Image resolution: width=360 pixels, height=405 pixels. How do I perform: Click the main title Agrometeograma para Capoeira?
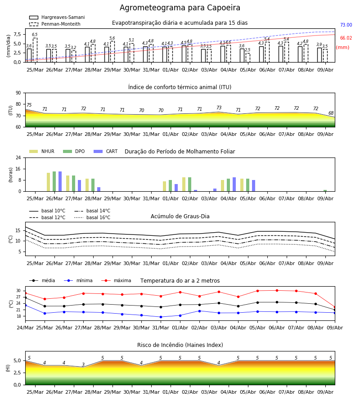(180, 8)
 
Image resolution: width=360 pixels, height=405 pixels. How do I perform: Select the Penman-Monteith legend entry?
(55, 24)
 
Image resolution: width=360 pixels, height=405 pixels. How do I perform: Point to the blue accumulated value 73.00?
(346, 25)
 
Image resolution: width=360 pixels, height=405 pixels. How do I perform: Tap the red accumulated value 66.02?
(346, 38)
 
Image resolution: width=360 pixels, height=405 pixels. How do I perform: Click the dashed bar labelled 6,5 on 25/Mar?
(35, 50)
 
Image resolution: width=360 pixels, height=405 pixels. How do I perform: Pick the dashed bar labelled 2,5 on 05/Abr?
(248, 58)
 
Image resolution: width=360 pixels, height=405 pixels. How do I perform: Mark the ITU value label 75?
(29, 105)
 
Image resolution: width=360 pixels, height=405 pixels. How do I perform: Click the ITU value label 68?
(331, 113)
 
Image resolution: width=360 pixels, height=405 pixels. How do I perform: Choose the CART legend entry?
(106, 151)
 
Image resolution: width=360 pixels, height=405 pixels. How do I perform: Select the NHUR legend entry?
(42, 151)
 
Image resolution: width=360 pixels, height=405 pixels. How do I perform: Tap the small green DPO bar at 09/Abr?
(325, 191)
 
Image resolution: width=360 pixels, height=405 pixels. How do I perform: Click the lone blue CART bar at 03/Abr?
(215, 190)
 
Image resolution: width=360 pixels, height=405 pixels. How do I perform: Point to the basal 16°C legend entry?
(92, 217)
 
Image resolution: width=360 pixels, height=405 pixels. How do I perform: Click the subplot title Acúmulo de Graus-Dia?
(180, 216)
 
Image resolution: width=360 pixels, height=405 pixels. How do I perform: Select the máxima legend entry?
(116, 280)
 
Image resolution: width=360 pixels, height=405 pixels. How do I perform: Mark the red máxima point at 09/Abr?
(335, 307)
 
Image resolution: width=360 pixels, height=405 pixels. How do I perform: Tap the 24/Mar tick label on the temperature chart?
(25, 328)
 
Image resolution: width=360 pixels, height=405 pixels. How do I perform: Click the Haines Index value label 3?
(83, 364)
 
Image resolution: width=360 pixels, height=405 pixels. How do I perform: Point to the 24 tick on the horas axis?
(18, 157)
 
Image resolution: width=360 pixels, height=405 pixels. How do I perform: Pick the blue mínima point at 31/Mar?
(161, 317)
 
